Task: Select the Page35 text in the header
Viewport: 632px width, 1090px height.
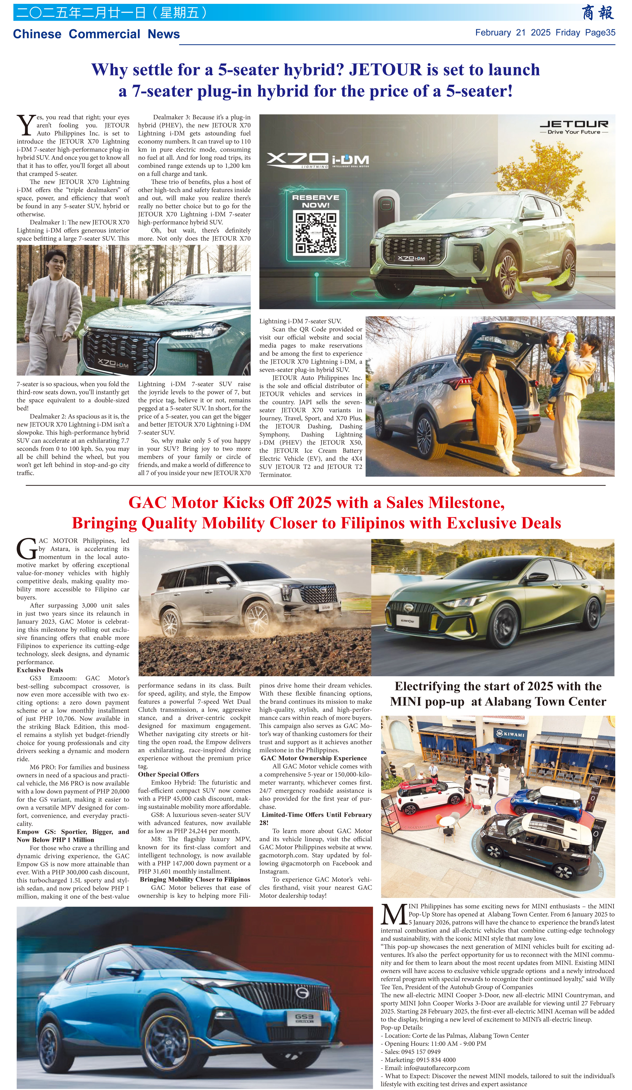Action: click(600, 32)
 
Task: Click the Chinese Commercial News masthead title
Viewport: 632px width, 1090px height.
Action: click(96, 34)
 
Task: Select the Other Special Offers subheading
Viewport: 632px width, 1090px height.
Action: click(168, 774)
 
